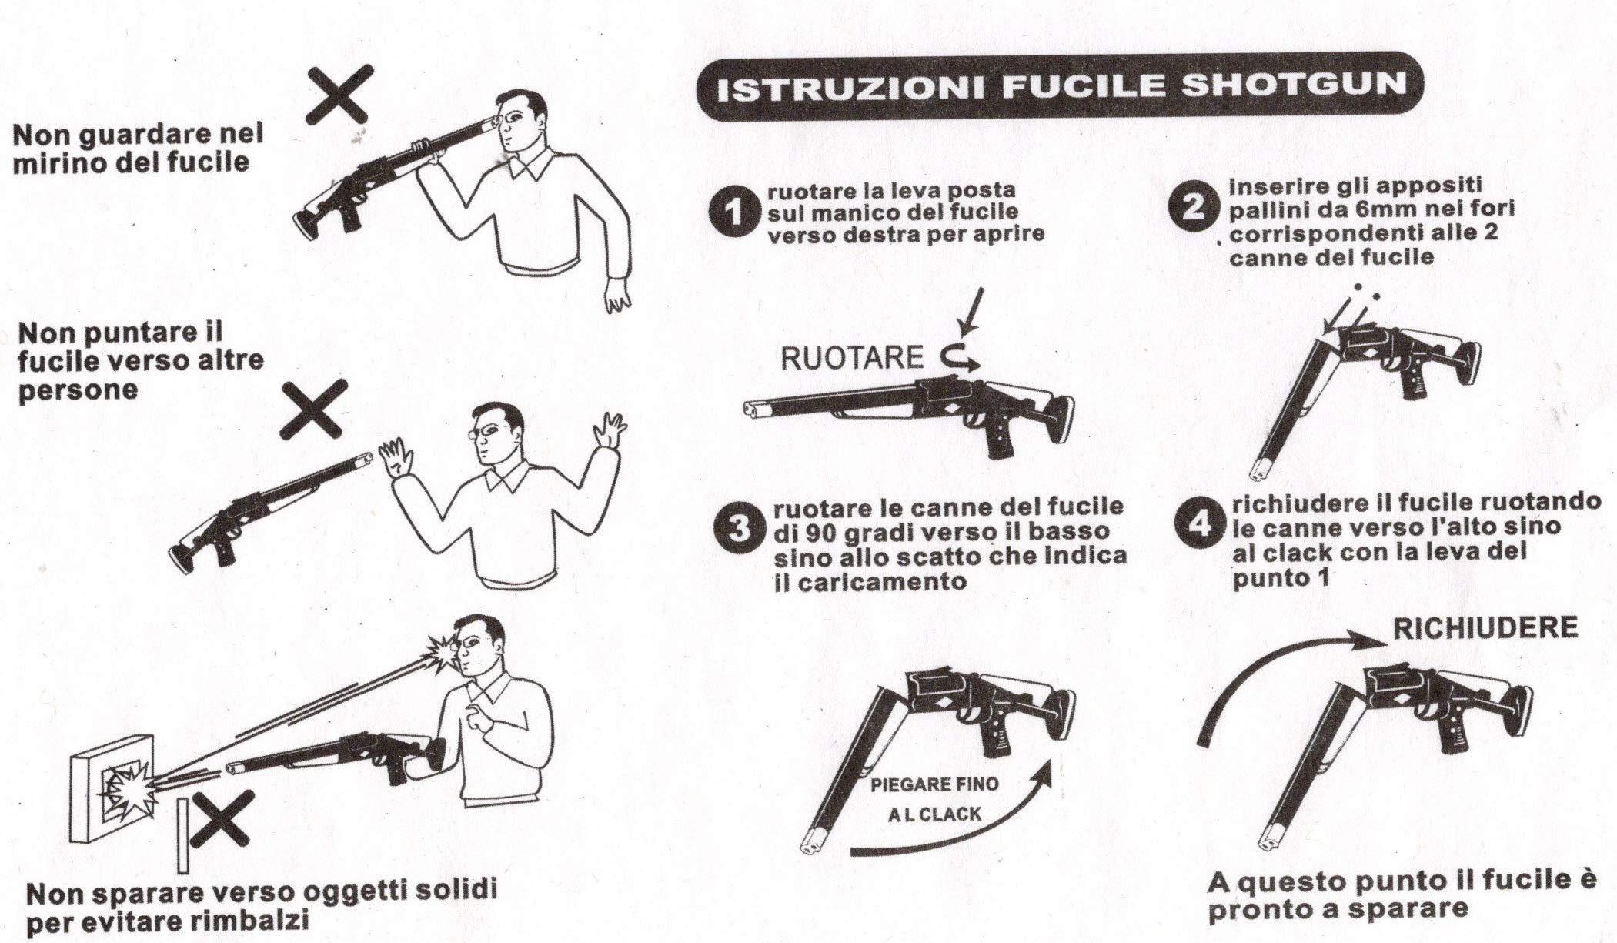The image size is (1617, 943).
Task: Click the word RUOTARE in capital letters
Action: (852, 358)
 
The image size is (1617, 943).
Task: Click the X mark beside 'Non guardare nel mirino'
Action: (338, 95)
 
